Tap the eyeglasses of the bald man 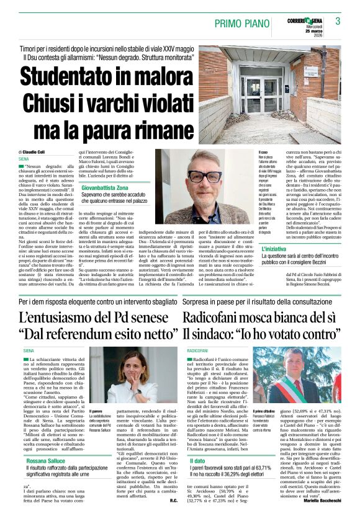pos(204,176)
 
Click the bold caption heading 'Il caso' pos(263,152)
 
